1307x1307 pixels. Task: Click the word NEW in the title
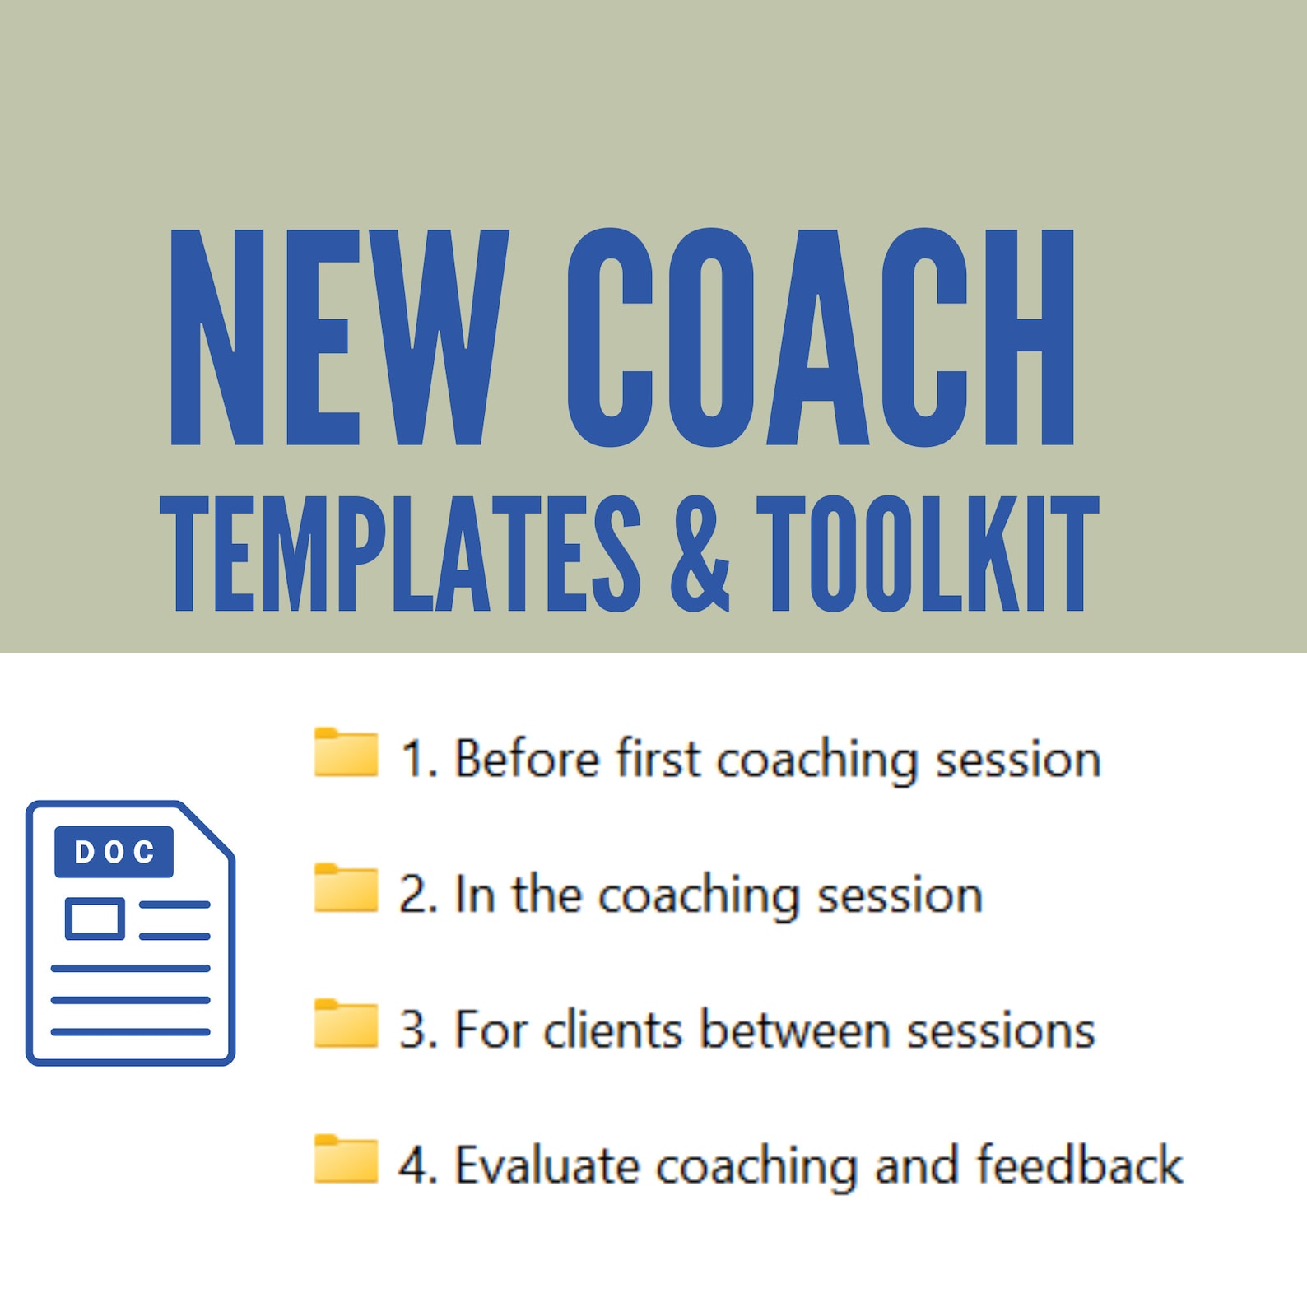click(x=339, y=337)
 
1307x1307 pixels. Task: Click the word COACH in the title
click(x=820, y=337)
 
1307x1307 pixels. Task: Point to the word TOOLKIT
click(x=928, y=555)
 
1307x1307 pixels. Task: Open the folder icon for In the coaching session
click(x=346, y=889)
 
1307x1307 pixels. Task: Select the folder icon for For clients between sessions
click(x=346, y=1025)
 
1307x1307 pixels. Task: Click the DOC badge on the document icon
click(x=114, y=852)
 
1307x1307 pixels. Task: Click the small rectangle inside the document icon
click(x=95, y=919)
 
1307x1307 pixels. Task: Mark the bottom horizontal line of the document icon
click(x=130, y=1031)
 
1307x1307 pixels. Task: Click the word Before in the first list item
click(x=527, y=758)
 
